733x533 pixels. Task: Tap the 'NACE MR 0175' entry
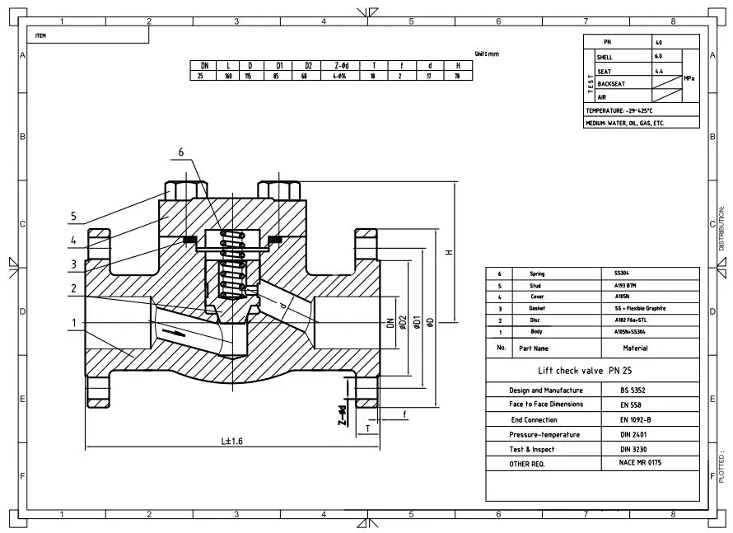(641, 464)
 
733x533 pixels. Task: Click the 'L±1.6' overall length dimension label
(231, 442)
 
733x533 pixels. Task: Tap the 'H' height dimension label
(449, 251)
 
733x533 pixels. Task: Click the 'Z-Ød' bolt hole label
(341, 413)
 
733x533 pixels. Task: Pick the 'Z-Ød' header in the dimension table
(342, 65)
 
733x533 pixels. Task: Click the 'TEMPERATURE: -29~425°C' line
(619, 110)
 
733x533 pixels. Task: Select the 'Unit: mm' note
(487, 54)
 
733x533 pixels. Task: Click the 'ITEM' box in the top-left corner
(40, 36)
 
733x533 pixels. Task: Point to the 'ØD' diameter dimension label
(429, 321)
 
